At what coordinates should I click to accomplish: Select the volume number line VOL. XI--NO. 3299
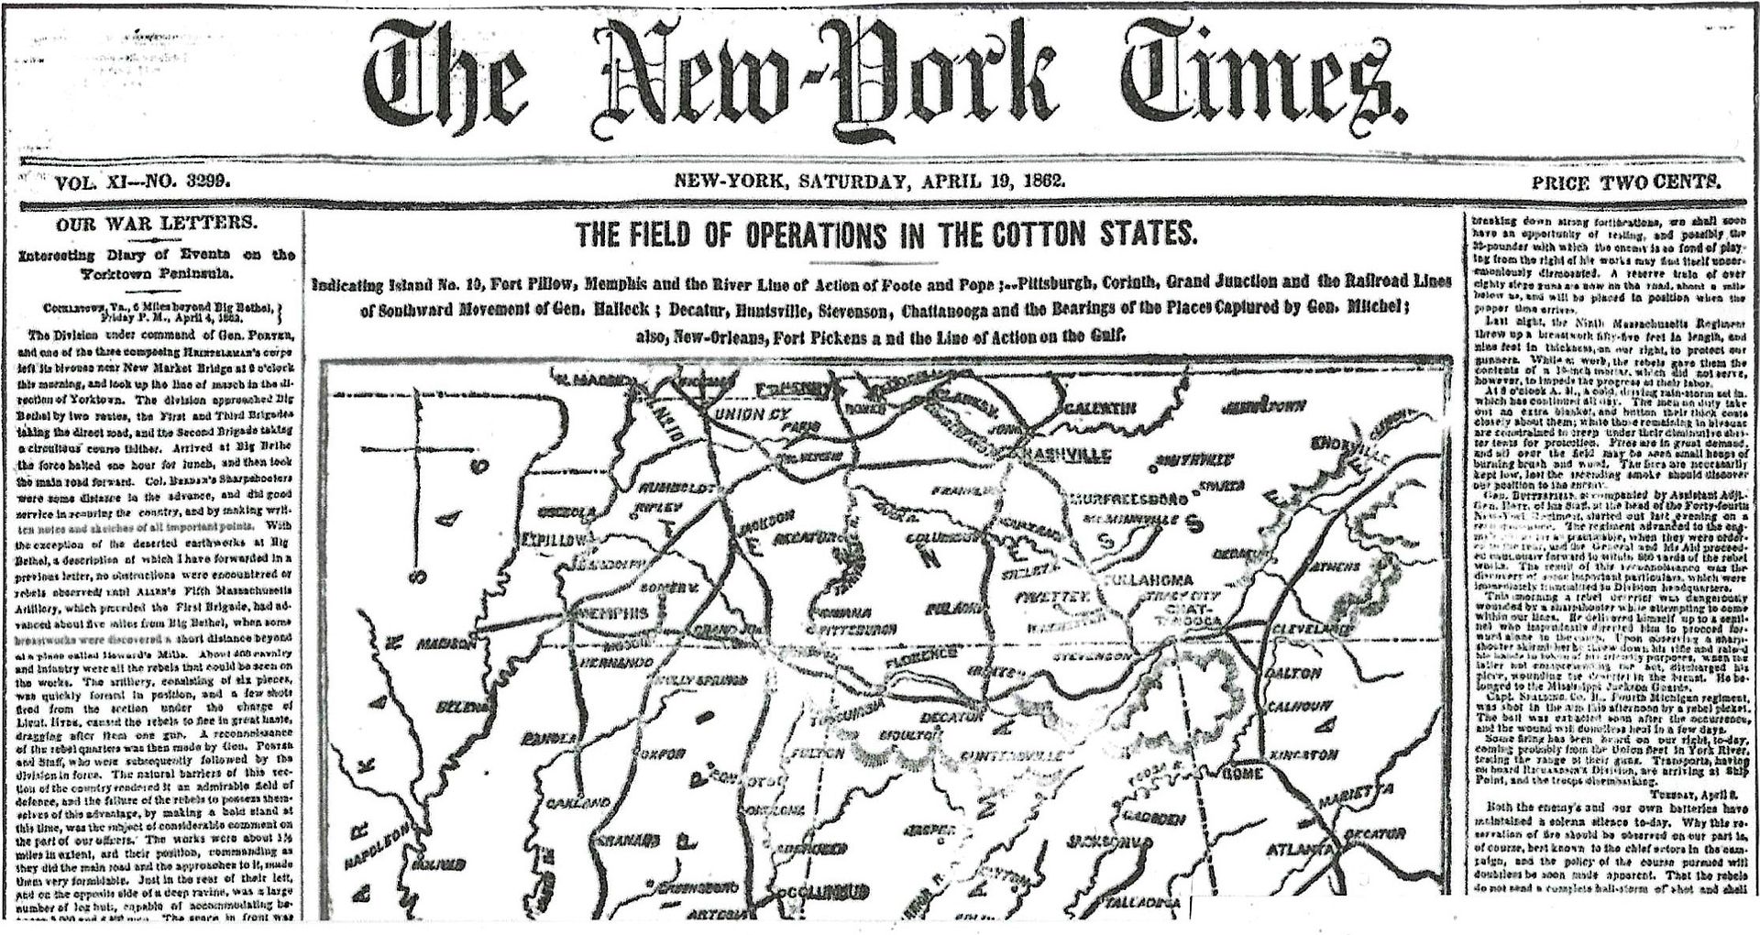[x=142, y=182]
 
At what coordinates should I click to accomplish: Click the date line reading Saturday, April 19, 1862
[x=870, y=181]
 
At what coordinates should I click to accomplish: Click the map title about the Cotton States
[x=886, y=233]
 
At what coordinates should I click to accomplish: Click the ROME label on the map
[x=1244, y=774]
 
